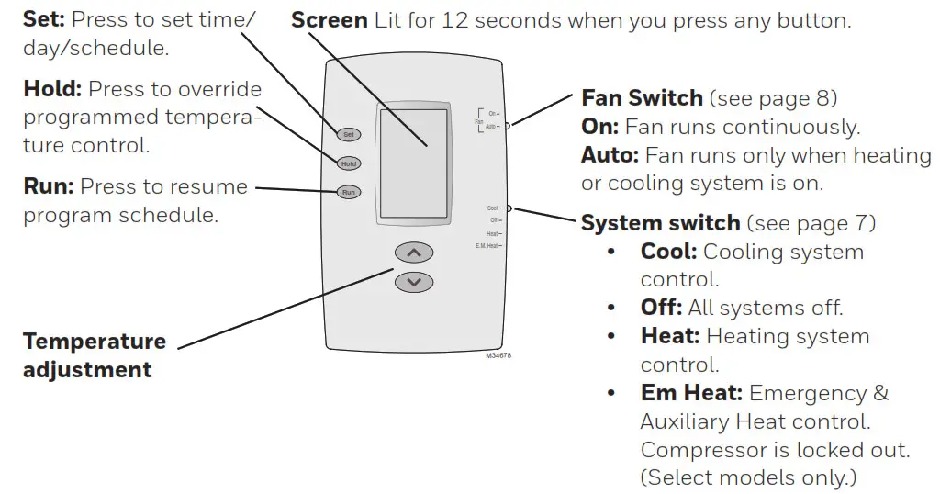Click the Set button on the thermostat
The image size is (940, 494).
pos(348,134)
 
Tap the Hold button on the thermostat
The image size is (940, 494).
pos(348,163)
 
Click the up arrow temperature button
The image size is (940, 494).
pos(413,253)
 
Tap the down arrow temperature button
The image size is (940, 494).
pos(413,282)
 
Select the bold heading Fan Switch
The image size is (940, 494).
pos(643,97)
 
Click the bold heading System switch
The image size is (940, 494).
pos(660,223)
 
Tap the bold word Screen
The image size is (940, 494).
pos(329,20)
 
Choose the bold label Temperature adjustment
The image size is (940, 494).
pos(95,355)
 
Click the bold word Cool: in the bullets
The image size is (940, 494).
pos(668,252)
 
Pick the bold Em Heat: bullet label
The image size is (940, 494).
pos(691,393)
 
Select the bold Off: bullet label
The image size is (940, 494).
pos(661,309)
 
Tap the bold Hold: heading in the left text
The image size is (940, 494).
pos(52,90)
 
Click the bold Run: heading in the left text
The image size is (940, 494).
pos(48,187)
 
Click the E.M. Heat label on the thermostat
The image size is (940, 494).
pos(488,246)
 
